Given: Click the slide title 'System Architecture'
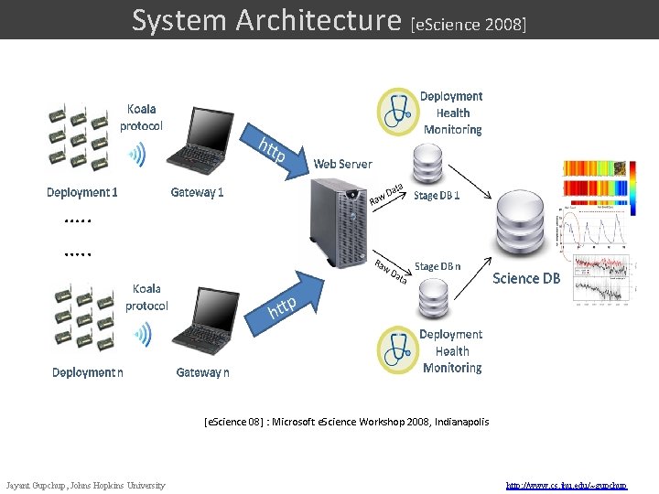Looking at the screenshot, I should click(266, 19).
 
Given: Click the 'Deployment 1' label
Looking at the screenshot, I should click(82, 192).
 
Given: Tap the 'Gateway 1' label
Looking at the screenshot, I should click(197, 192).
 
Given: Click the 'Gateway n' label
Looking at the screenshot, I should click(203, 372).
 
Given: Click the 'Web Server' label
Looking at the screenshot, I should click(343, 164).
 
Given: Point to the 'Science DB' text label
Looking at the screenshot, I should click(526, 278).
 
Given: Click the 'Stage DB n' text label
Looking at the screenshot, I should click(438, 266).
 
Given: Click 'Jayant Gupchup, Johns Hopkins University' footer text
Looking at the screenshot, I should click(86, 485).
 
